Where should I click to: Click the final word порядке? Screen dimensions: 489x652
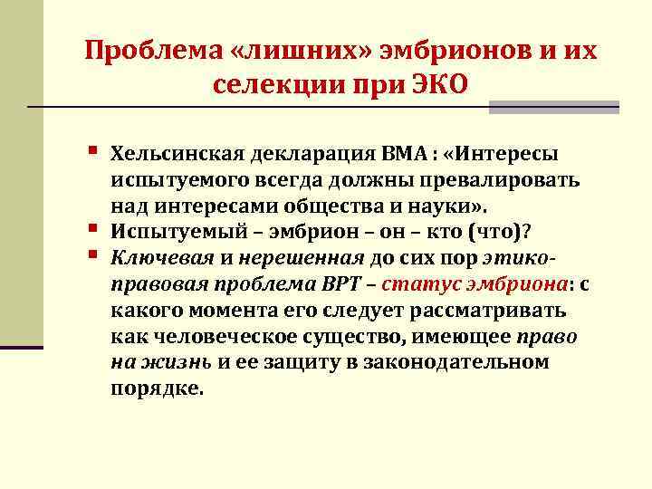point(157,389)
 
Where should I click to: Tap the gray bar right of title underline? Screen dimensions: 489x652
point(553,108)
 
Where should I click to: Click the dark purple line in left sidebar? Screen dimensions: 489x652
point(22,347)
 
